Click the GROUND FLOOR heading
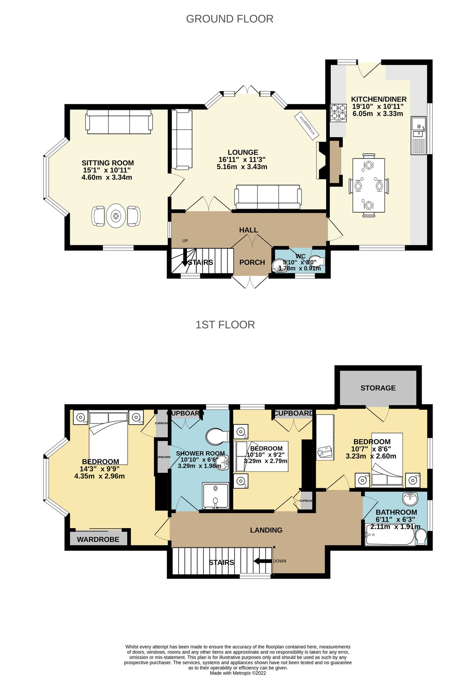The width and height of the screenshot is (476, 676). click(229, 19)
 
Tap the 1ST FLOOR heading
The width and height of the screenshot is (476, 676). click(225, 324)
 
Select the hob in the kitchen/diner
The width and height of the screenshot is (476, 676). click(338, 112)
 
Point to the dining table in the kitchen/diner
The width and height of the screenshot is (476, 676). click(369, 186)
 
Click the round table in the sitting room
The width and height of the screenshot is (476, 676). click(116, 216)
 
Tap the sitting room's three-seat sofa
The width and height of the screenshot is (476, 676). click(119, 122)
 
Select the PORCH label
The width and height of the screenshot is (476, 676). click(252, 262)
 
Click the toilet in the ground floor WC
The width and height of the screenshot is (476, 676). click(318, 262)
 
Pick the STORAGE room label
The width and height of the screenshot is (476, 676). click(378, 388)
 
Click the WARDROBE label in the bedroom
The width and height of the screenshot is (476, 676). click(98, 539)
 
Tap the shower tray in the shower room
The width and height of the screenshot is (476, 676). click(215, 496)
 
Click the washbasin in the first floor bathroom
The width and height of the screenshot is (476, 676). click(410, 499)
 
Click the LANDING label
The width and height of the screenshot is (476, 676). click(266, 530)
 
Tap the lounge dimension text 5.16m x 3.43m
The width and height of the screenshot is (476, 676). click(242, 167)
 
